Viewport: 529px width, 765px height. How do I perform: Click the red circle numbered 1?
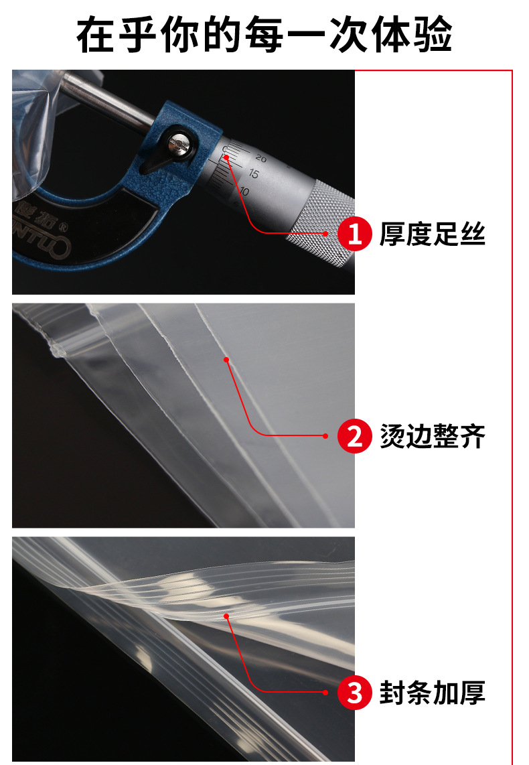click(354, 234)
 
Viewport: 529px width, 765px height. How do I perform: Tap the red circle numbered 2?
click(354, 436)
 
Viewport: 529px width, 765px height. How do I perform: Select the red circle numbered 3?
click(354, 693)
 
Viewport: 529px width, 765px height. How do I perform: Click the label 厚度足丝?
click(432, 234)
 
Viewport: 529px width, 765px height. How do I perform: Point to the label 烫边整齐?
click(432, 436)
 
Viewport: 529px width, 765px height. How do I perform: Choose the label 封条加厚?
click(432, 693)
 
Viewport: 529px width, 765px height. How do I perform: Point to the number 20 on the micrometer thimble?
click(261, 159)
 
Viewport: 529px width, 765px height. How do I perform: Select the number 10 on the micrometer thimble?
click(244, 191)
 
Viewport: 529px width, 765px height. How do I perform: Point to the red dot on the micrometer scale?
click(227, 157)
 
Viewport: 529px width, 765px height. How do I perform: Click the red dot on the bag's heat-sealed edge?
click(226, 360)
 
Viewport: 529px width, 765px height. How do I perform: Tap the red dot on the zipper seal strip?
click(226, 616)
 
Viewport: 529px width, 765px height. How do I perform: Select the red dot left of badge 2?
click(325, 436)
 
